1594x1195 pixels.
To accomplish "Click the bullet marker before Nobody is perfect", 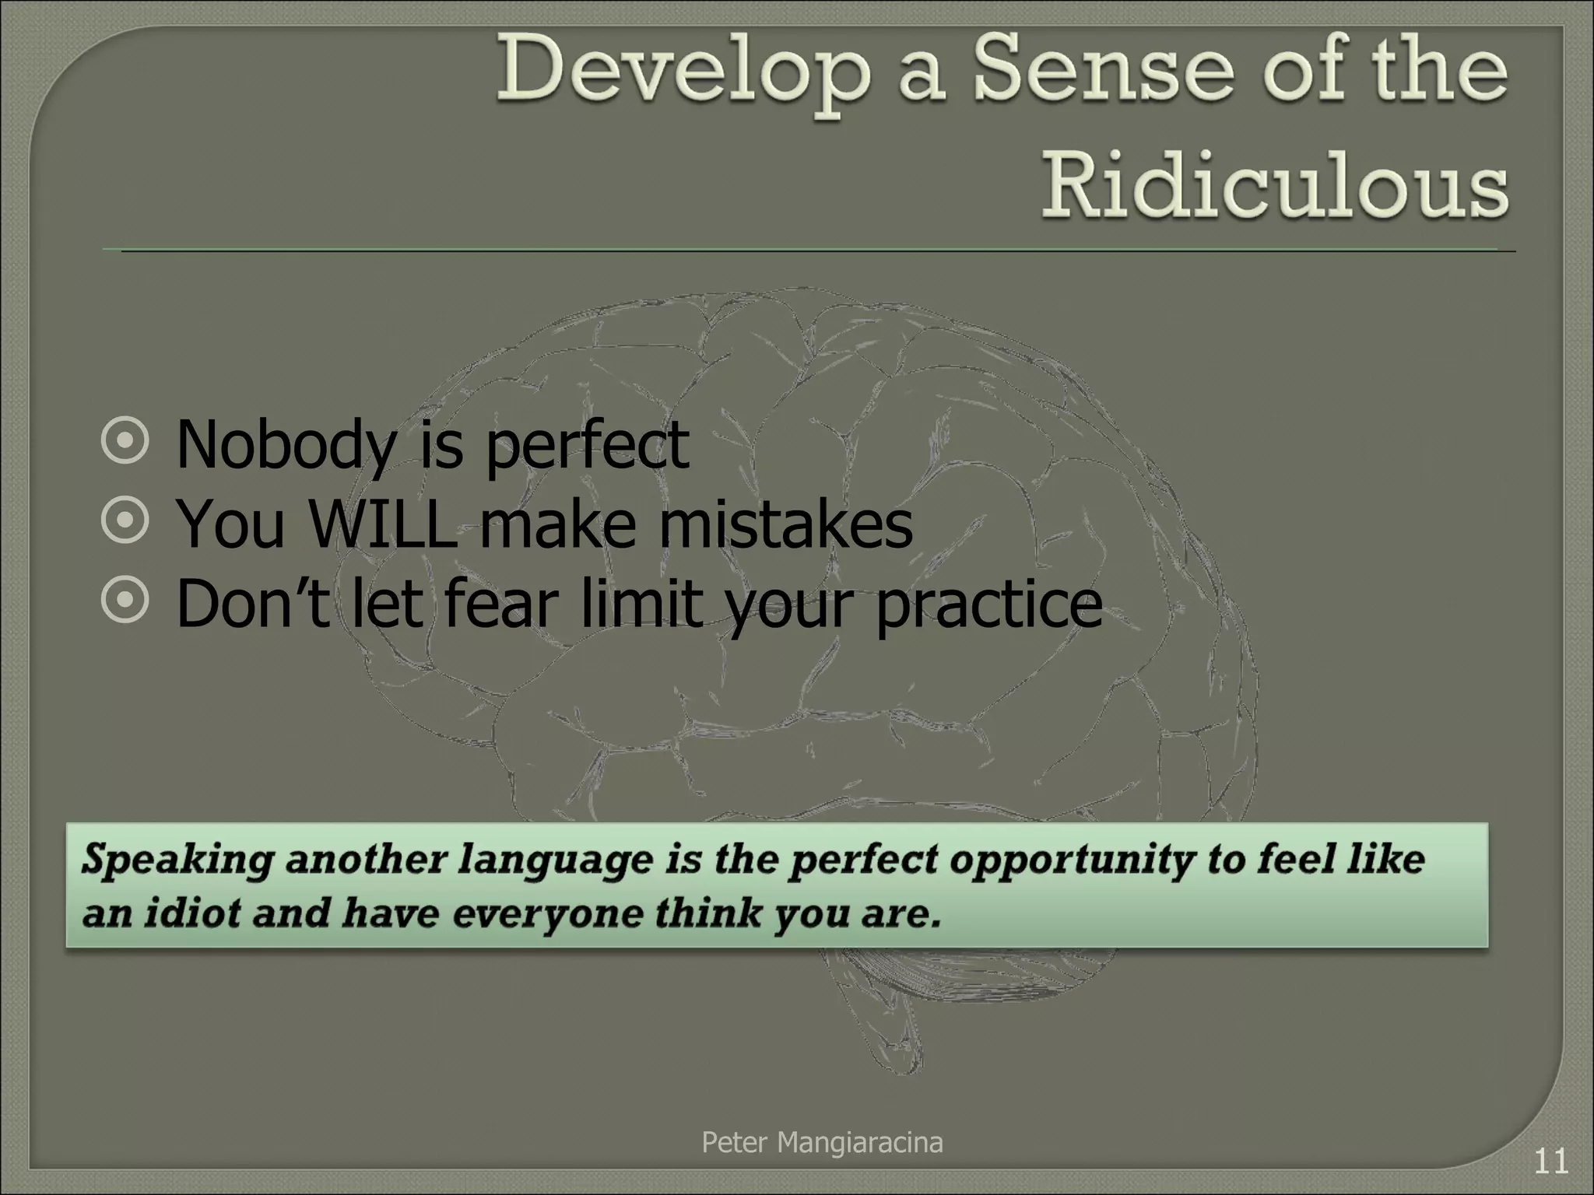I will point(125,444).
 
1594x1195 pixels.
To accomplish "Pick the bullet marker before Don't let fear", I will point(125,604).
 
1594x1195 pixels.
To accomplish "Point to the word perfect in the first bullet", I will point(588,446).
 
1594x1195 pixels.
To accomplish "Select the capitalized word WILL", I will point(382,524).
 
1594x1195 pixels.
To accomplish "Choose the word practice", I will point(989,605).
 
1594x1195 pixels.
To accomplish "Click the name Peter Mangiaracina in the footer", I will point(822,1143).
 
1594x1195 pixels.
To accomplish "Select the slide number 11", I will point(1550,1162).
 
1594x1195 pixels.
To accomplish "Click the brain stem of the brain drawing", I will point(895,1027).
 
